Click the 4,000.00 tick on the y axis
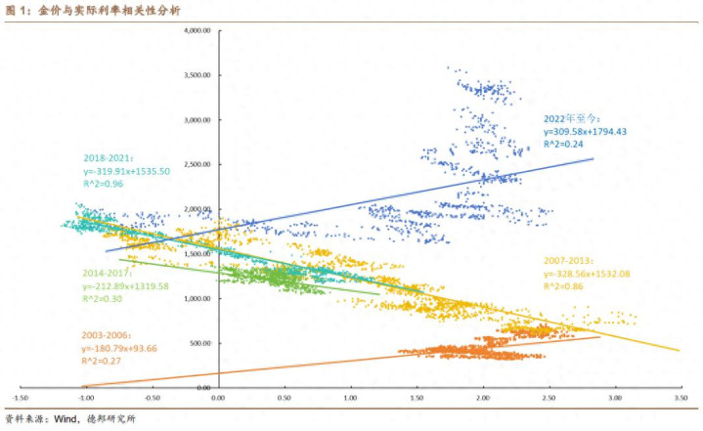pyautogui.click(x=198, y=30)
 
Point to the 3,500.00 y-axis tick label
pyautogui.click(x=198, y=75)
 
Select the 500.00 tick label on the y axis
pyautogui.click(x=202, y=343)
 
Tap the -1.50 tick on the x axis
pyautogui.click(x=20, y=399)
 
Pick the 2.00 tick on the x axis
pyautogui.click(x=482, y=399)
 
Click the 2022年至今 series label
pyautogui.click(x=569, y=118)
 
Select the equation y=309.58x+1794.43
pyautogui.click(x=585, y=131)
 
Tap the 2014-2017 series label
pyautogui.click(x=109, y=273)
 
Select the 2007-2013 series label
pyautogui.click(x=568, y=262)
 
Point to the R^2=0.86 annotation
pyautogui.click(x=564, y=288)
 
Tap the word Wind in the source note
pyautogui.click(x=66, y=419)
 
